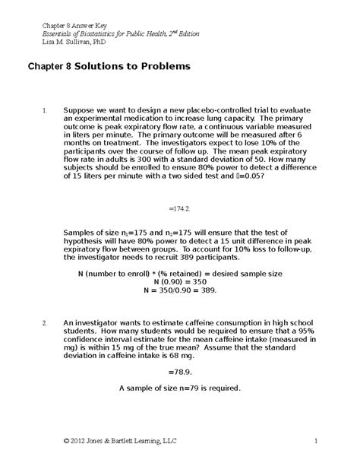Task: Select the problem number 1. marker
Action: point(46,109)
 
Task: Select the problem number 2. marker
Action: point(46,322)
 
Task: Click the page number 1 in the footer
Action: point(314,441)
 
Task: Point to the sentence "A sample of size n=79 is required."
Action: point(179,388)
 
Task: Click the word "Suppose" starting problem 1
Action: point(81,109)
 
